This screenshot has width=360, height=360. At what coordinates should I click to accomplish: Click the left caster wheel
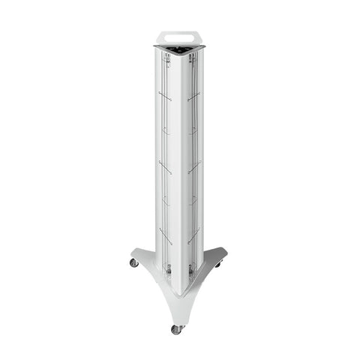click(134, 262)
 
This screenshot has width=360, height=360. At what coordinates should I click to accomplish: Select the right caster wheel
click(218, 265)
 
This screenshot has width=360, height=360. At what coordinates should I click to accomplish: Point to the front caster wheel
click(176, 328)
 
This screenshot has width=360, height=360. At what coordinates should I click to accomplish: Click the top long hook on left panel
click(165, 96)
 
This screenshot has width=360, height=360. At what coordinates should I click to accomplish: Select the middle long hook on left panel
click(165, 167)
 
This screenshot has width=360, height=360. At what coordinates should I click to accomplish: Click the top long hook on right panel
click(193, 96)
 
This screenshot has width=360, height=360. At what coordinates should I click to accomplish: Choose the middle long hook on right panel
click(193, 167)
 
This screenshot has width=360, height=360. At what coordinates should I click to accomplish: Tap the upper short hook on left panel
click(166, 131)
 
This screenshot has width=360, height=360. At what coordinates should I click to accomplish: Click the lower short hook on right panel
click(193, 202)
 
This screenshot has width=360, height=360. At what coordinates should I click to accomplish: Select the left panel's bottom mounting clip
click(169, 268)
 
